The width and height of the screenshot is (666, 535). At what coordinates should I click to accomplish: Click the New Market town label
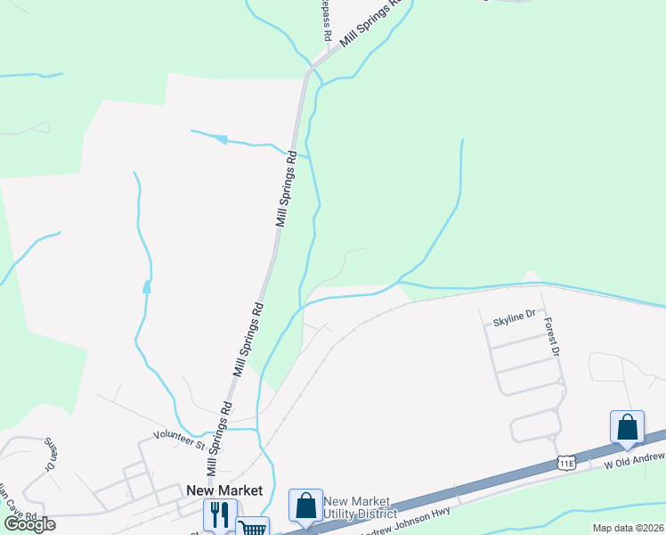224,490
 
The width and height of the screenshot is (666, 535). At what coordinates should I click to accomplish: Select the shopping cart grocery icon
253,527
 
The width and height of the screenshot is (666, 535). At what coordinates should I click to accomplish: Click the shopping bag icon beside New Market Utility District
305,505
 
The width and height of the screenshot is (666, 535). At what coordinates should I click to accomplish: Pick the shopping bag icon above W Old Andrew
627,427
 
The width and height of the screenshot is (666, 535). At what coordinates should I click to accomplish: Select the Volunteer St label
178,437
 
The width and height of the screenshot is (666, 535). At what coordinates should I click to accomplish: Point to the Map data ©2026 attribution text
629,528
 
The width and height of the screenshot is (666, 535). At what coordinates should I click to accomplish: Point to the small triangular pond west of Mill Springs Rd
146,287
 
